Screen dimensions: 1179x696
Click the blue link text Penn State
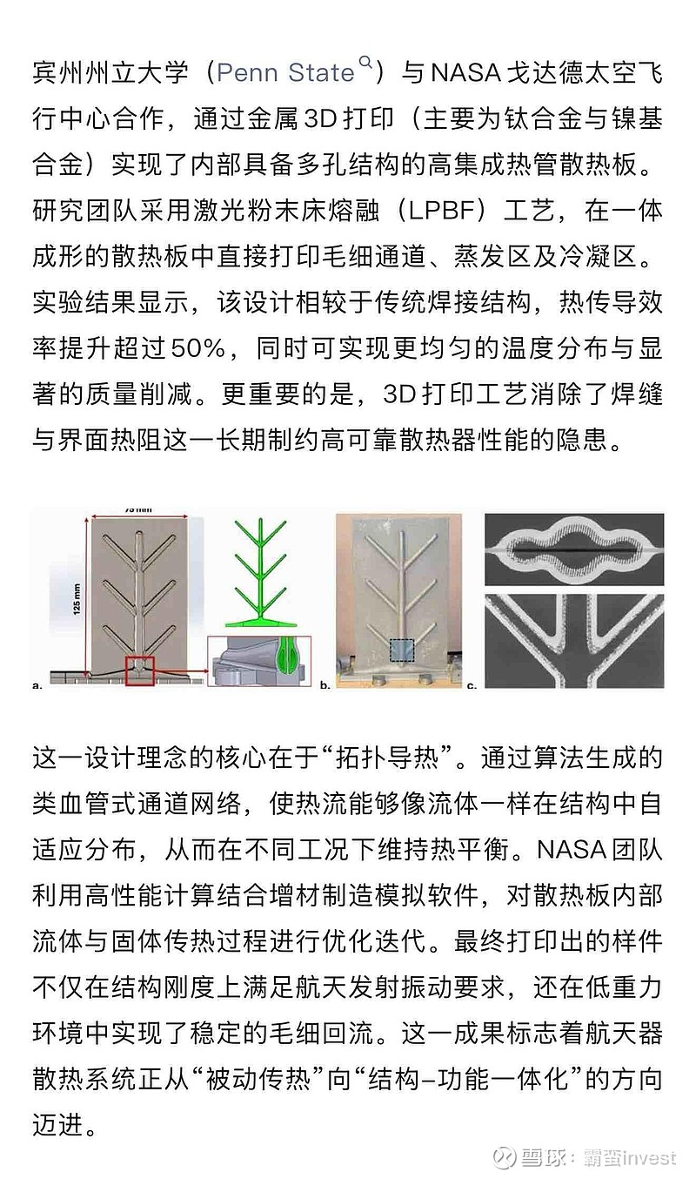tap(285, 73)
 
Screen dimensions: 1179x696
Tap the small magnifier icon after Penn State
tap(365, 63)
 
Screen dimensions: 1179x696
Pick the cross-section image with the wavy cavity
tap(572, 549)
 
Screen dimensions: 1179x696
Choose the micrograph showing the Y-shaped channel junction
tap(572, 640)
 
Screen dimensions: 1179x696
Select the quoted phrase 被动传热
tap(254, 1077)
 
